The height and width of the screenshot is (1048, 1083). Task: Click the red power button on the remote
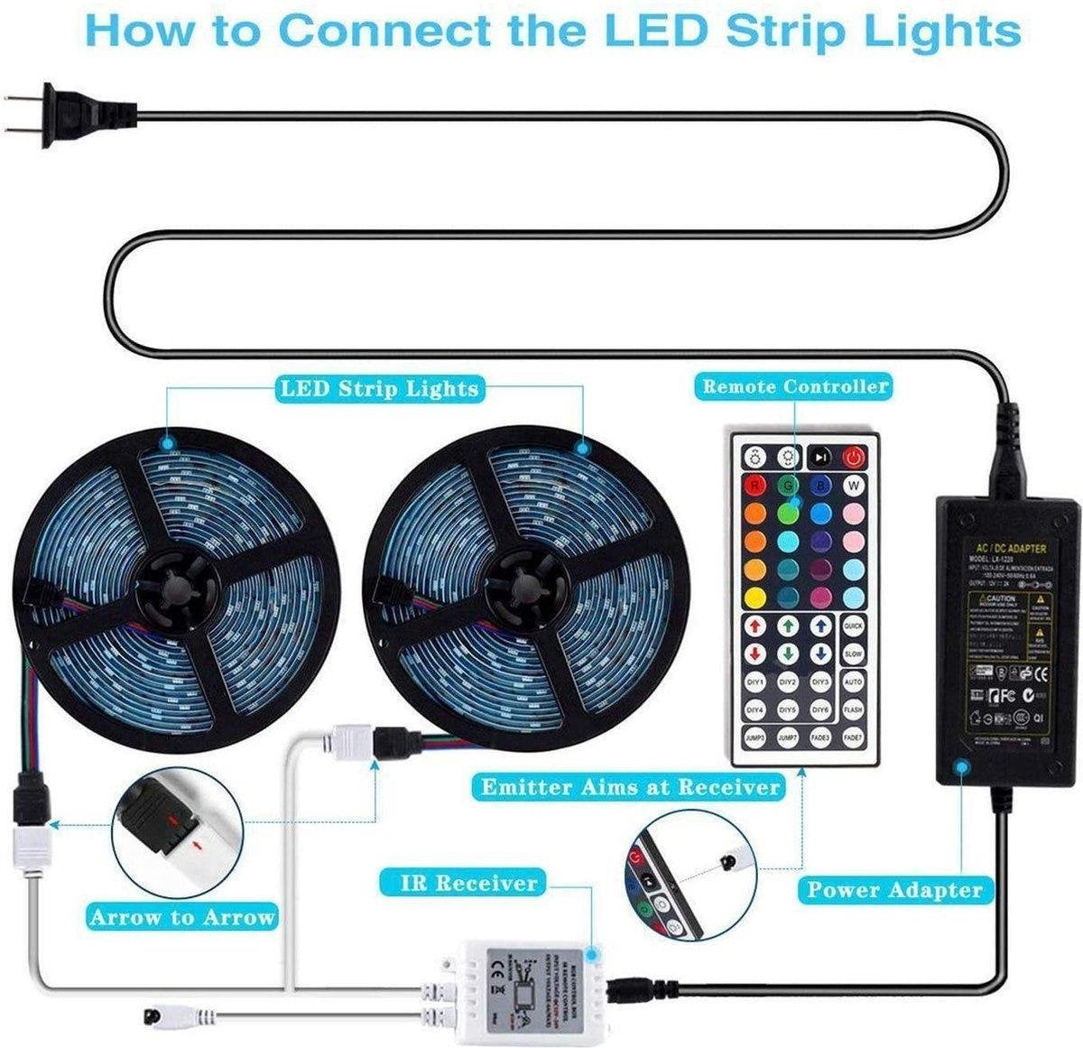point(854,458)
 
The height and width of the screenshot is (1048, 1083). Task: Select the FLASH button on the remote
point(853,710)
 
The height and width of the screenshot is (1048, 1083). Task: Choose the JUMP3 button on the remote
point(755,737)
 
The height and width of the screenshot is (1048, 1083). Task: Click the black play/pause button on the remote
point(820,458)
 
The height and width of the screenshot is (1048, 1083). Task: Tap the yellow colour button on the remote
point(755,597)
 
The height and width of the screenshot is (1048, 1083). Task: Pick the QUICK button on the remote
point(853,626)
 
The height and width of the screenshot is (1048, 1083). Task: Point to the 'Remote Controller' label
point(795,387)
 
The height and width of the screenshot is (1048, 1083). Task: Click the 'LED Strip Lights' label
point(378,389)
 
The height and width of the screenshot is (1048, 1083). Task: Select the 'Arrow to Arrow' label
point(181,917)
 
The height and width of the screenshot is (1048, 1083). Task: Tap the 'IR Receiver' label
point(469,882)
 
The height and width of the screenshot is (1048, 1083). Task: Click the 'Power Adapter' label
point(893,889)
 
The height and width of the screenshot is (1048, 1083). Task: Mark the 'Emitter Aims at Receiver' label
point(629,786)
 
